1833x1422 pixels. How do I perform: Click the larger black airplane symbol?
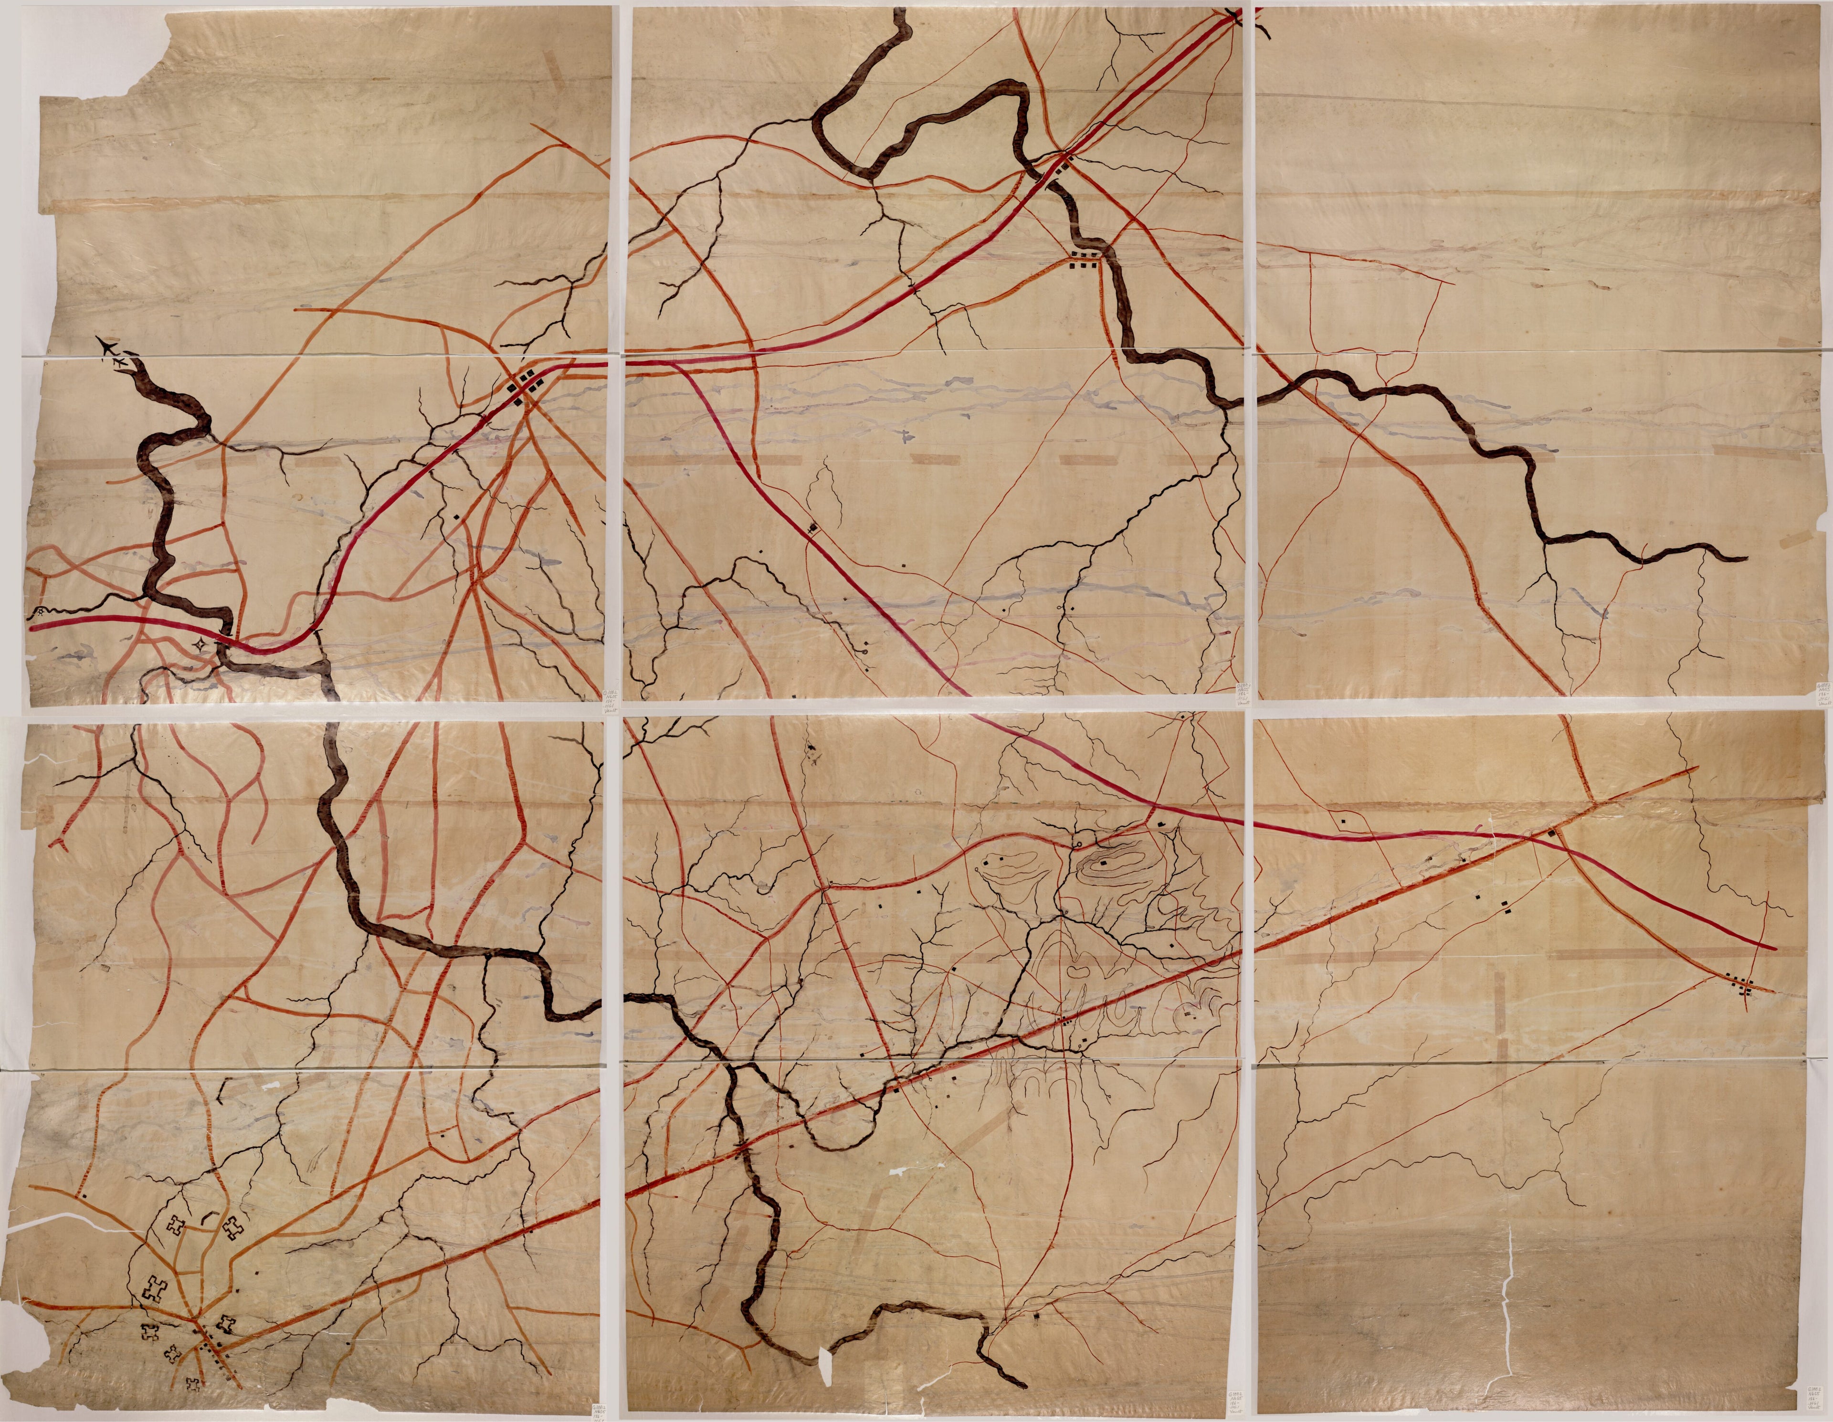point(106,344)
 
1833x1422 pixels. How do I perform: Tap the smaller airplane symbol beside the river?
point(123,361)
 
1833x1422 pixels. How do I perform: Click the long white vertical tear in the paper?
point(1508,1285)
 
